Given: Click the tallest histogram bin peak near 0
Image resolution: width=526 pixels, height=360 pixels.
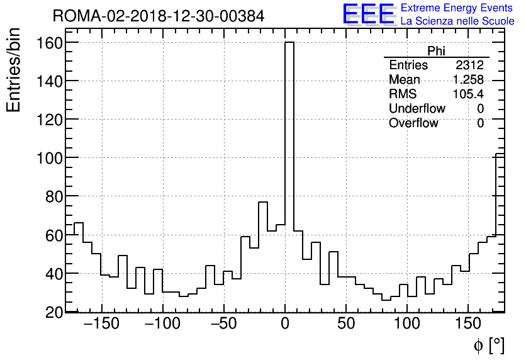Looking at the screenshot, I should click(x=289, y=44).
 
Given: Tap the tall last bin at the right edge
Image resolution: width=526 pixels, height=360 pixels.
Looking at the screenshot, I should click(x=500, y=155).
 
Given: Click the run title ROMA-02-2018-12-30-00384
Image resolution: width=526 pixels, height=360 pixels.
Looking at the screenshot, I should click(x=159, y=16).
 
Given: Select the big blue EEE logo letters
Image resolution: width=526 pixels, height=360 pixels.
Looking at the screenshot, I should click(x=368, y=14).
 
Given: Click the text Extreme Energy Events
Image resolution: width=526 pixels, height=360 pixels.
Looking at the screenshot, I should click(x=457, y=8).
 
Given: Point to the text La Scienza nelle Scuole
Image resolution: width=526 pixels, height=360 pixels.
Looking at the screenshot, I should click(x=457, y=21).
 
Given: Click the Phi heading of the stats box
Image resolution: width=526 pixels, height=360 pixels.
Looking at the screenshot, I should click(x=436, y=51).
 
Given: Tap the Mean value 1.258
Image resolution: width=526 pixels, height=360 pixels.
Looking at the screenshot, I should click(x=468, y=80).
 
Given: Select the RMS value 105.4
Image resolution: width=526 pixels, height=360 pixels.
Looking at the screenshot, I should click(x=468, y=94).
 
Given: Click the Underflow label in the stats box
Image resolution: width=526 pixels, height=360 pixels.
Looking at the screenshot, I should click(x=417, y=109).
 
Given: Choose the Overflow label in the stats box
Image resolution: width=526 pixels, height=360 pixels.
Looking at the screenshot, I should click(x=413, y=123).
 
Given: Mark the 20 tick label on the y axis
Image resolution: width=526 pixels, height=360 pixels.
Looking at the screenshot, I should click(x=54, y=312).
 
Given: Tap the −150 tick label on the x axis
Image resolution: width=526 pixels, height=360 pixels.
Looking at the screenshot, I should click(x=101, y=325).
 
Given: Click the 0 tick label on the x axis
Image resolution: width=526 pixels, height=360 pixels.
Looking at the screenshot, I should click(x=285, y=325).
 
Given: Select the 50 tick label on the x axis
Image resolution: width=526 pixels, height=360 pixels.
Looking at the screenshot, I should click(x=346, y=325).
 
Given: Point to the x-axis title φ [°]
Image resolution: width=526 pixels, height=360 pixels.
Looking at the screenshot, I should click(x=489, y=345).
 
